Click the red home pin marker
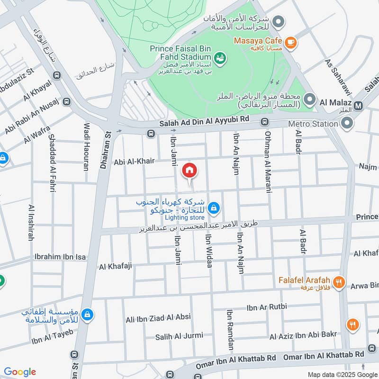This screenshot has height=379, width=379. coord(189,170)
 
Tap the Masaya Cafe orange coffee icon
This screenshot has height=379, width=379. coord(290,43)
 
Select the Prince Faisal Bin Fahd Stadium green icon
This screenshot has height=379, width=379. coord(220,58)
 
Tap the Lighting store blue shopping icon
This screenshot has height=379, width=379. coord(214,208)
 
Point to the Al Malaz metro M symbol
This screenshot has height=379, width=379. coord(359,105)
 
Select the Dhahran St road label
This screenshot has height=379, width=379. coord(106,151)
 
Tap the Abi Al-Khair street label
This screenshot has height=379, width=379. coord(134,161)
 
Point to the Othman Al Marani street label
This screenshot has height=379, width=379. coord(268,162)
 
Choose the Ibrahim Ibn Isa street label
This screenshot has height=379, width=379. coord(60,257)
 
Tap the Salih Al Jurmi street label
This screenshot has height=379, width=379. coord(179,336)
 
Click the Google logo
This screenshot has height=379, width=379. coord(20,372)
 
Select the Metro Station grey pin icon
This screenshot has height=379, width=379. coord(347,124)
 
